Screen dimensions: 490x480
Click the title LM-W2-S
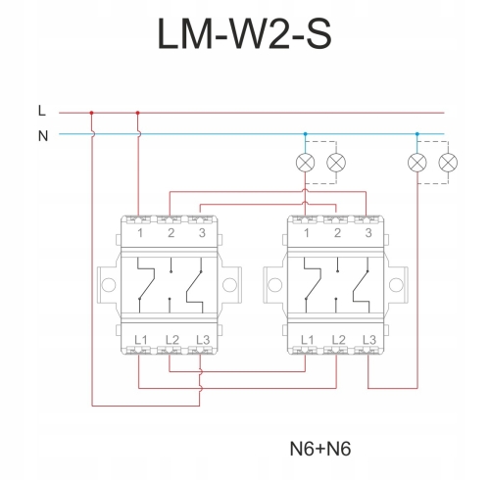coord(244,33)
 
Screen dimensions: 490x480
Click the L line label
coord(42,111)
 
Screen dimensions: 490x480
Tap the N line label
coord(43,136)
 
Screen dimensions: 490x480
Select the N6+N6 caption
coord(320,449)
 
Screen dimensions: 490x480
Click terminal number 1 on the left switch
coord(140,233)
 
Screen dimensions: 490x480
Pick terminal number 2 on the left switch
coord(171,233)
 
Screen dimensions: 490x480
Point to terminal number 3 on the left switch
coord(202,233)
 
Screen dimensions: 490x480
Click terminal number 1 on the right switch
coord(307,233)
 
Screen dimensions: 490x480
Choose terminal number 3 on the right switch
coord(368,233)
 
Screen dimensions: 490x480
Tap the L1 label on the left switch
coord(141,340)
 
